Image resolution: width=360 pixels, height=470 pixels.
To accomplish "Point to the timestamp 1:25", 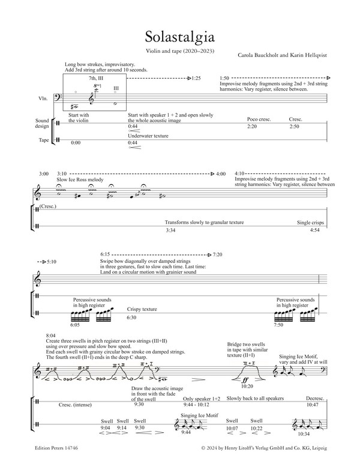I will click(196, 79).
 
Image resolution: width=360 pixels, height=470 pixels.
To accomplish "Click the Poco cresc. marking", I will click(259, 119).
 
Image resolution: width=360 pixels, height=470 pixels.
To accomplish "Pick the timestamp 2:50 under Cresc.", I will click(295, 127).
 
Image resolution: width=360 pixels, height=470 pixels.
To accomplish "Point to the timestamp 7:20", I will click(218, 255).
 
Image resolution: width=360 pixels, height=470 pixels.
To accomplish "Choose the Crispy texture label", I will click(142, 309).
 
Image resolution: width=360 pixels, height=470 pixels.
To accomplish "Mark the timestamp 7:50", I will click(278, 324).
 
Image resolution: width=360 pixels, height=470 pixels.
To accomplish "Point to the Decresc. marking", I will click(315, 415).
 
